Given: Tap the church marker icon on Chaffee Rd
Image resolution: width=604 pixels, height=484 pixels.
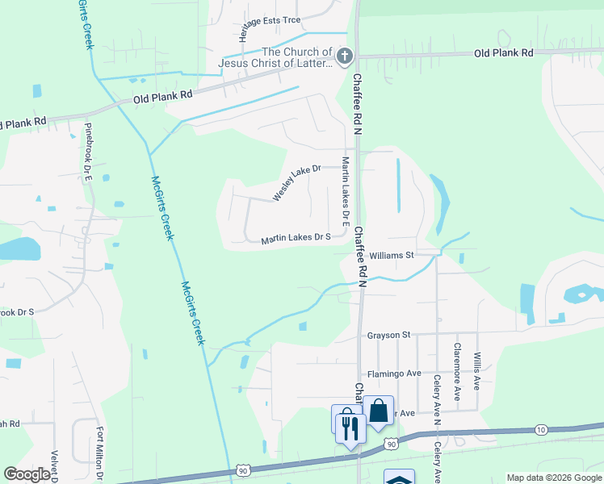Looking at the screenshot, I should pyautogui.click(x=345, y=56).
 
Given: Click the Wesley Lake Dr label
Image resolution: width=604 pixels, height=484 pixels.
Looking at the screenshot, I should pyautogui.click(x=296, y=182).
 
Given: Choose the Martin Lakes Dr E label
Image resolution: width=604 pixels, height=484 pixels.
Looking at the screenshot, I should pyautogui.click(x=345, y=190).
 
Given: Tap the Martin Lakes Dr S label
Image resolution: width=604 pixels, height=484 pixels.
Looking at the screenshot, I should pyautogui.click(x=296, y=238).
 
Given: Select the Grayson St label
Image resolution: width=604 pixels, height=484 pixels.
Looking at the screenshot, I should pyautogui.click(x=388, y=334).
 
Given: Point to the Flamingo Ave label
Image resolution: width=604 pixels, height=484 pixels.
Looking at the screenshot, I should pyautogui.click(x=395, y=373).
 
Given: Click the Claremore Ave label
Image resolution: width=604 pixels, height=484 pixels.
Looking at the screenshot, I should pyautogui.click(x=457, y=372).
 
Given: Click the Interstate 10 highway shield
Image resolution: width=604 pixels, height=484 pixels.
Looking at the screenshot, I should pyautogui.click(x=541, y=429).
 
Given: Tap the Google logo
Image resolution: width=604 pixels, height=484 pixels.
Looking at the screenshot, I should pyautogui.click(x=27, y=474).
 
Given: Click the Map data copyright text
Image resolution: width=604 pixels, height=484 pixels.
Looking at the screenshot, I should pyautogui.click(x=554, y=478).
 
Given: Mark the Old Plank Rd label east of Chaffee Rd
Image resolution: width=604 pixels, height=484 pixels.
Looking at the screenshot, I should pyautogui.click(x=504, y=52).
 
